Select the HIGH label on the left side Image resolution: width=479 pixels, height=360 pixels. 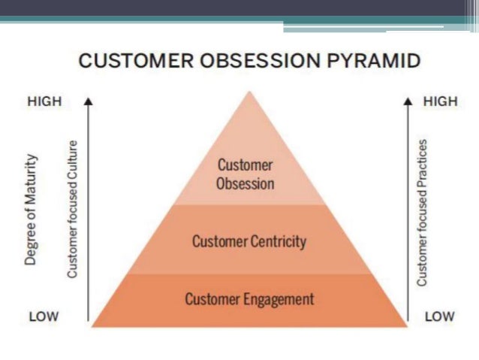[44, 101]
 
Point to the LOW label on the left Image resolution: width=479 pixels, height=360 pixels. [43, 316]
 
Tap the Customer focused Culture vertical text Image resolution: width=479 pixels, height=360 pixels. [73, 208]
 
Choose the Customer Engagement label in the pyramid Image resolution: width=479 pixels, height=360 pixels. [250, 299]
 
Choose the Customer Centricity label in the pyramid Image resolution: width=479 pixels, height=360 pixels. [249, 242]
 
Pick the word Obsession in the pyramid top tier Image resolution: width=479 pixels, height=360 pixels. [245, 183]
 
